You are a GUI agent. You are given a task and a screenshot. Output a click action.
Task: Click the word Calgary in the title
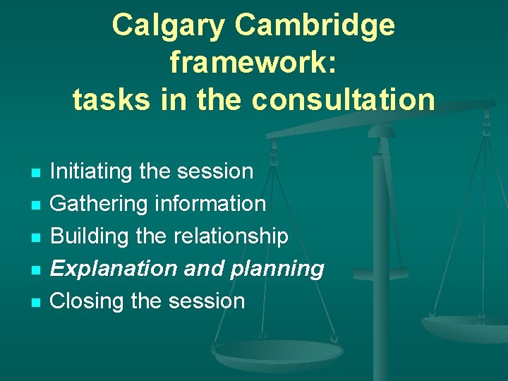169,26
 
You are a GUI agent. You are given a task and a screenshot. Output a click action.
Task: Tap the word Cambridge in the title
315,26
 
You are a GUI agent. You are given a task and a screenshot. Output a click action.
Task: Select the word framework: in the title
254,64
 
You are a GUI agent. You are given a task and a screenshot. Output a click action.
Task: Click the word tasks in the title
110,100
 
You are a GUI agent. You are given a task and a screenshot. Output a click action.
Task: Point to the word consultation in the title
344,100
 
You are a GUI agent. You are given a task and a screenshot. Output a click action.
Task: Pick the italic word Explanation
113,268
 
